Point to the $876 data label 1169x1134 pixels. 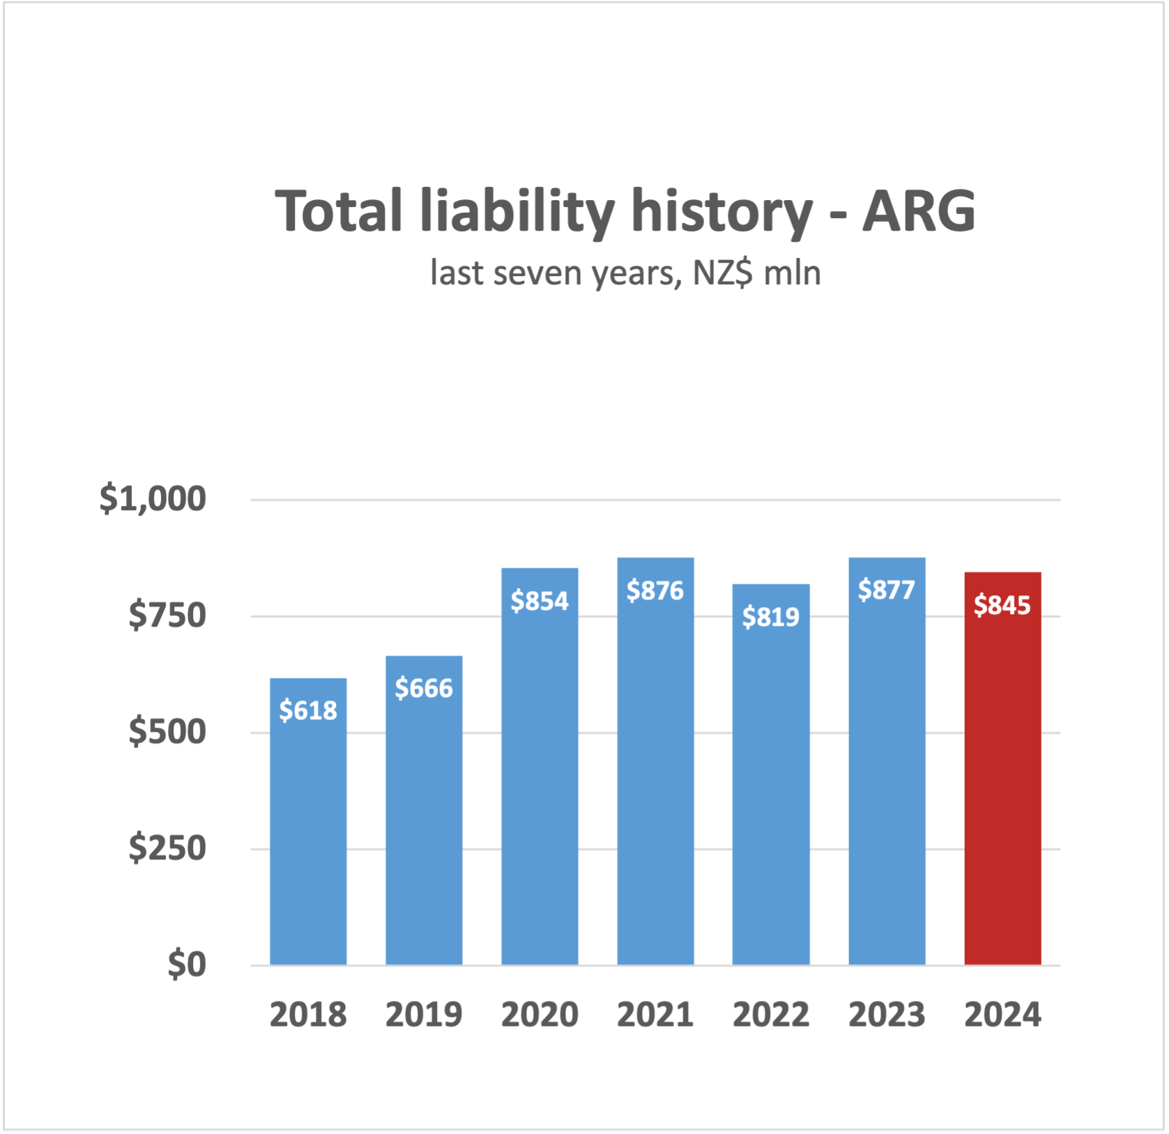pos(655,591)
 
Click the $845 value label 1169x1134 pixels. pos(1002,605)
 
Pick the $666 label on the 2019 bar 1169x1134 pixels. pos(424,689)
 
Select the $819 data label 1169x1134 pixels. pos(770,617)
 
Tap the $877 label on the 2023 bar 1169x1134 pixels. pos(886,590)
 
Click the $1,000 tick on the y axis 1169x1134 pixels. pos(153,499)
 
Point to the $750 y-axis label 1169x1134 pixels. pos(167,615)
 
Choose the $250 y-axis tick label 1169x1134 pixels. pos(167,848)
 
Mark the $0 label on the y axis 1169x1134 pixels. pos(187,965)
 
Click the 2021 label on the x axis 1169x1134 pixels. pos(655,1015)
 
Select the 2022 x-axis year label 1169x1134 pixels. pos(770,1015)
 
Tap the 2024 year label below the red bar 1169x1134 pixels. pos(1002,1015)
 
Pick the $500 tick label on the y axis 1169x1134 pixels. pos(167,732)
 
